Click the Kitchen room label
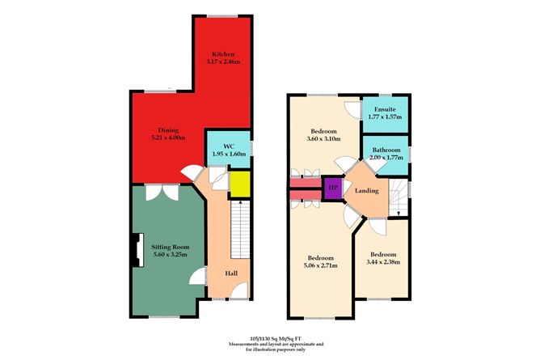223,53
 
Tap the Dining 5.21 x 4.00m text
168,134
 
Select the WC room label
228,146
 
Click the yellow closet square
239,184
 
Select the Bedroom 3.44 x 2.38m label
383,258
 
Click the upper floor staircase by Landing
397,197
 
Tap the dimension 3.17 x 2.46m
223,61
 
